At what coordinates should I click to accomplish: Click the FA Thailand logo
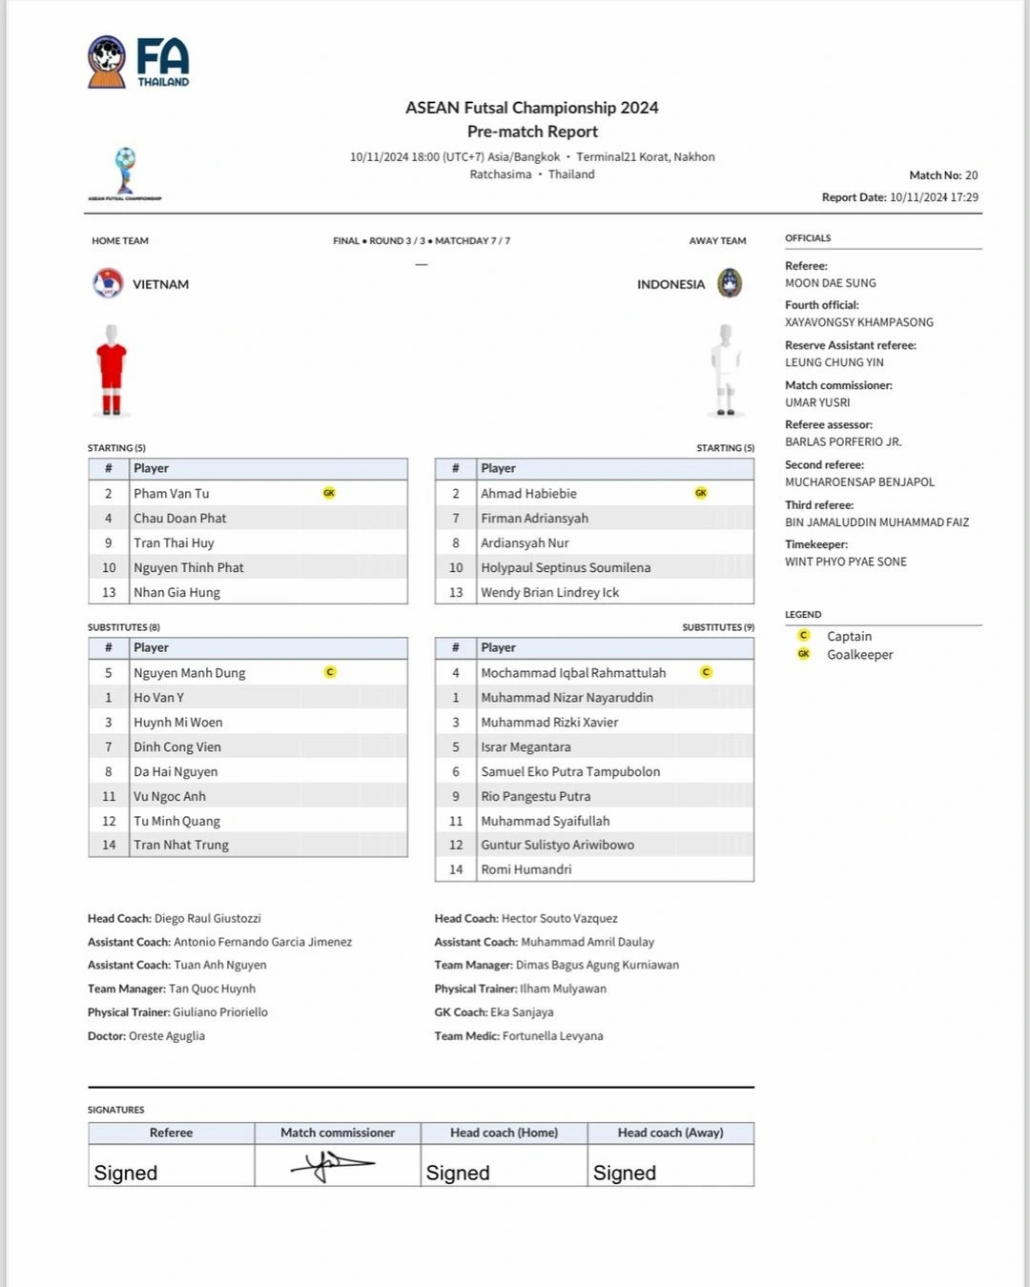tap(138, 62)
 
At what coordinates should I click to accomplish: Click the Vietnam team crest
tap(108, 283)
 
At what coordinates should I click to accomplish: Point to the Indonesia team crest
tap(730, 283)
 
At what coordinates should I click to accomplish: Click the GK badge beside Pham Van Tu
tap(329, 493)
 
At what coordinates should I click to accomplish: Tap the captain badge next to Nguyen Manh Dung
tap(330, 672)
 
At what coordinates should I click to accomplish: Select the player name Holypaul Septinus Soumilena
tap(566, 567)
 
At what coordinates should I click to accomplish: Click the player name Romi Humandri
tap(526, 869)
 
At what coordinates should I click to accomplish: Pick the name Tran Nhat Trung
tap(181, 845)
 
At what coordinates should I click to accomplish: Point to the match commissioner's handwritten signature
tap(333, 1164)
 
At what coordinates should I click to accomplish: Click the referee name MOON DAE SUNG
tap(830, 283)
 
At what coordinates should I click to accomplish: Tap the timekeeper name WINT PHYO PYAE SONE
tap(845, 562)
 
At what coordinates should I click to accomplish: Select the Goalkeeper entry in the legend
tap(859, 655)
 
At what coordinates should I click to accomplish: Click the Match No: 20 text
tap(943, 175)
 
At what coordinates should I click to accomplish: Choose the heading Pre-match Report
tap(532, 132)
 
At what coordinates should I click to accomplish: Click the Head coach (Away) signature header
tap(669, 1133)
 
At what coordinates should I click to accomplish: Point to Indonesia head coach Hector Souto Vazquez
tap(559, 918)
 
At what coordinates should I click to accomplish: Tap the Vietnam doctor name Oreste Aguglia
tap(167, 1036)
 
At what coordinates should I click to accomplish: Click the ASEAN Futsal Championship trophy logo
tap(125, 172)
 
